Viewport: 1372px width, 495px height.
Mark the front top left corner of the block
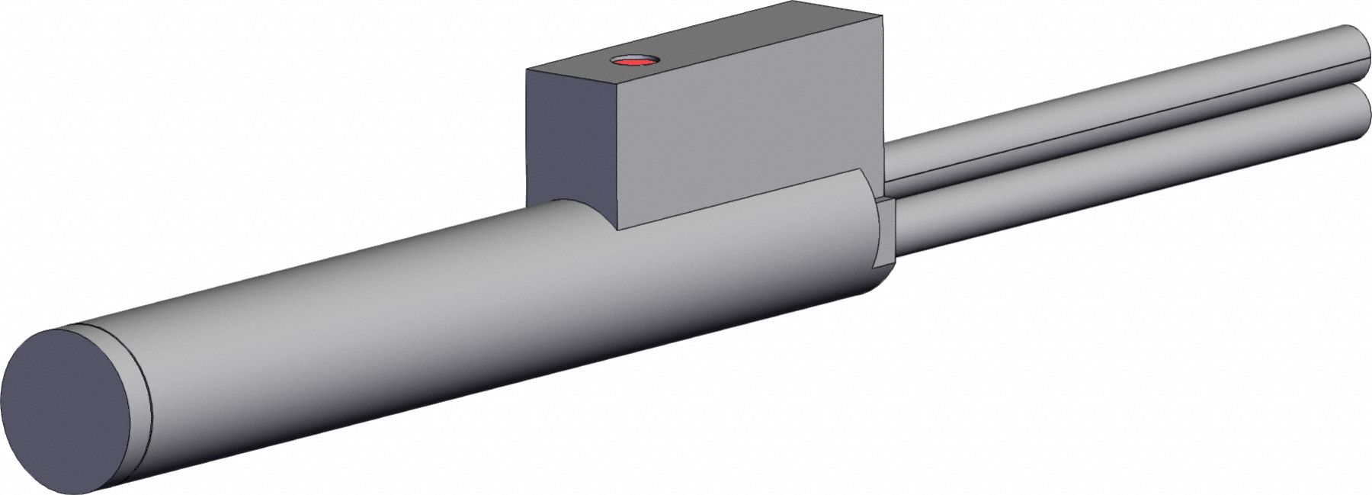tap(615, 85)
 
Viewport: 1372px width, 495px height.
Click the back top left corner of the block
tap(527, 69)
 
